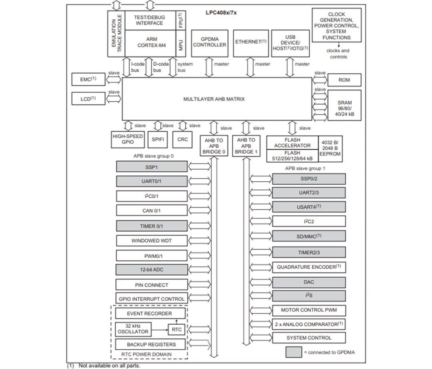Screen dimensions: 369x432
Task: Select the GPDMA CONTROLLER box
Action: [x=210, y=42]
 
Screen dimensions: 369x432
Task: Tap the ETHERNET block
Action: [x=250, y=42]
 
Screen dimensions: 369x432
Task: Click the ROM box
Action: [x=344, y=80]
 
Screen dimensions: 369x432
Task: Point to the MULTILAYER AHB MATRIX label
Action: [x=214, y=99]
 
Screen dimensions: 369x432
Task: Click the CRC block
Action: [x=182, y=140]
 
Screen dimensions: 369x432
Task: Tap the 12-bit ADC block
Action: [x=152, y=269]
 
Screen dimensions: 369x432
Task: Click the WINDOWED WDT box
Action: [x=152, y=241]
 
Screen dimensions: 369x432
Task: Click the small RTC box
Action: [x=176, y=330]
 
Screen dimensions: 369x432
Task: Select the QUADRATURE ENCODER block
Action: [x=308, y=267]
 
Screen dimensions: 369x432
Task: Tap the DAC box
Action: [x=308, y=282]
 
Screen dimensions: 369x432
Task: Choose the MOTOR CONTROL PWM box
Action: [x=308, y=310]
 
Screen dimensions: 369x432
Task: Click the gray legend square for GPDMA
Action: [x=293, y=352]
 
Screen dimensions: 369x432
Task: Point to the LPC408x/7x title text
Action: [x=221, y=12]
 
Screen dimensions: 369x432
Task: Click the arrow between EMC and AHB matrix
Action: [x=114, y=79]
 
